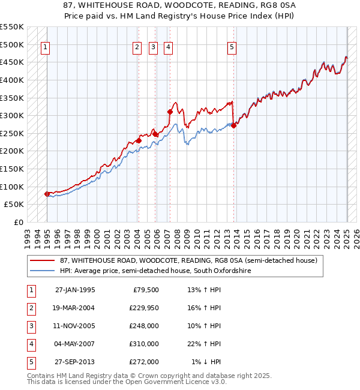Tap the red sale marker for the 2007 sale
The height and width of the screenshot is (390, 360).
tap(170, 112)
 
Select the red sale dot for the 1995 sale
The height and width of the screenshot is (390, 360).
tap(47, 194)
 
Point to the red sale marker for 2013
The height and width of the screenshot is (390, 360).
tap(234, 125)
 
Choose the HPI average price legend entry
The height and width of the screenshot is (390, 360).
tap(154, 271)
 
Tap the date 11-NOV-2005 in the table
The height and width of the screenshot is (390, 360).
tap(75, 326)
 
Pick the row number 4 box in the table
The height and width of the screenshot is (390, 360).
tap(30, 344)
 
